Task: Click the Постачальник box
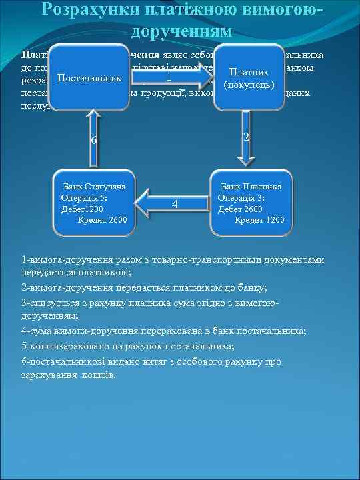click(89, 80)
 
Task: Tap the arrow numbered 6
click(93, 140)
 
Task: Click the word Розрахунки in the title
click(89, 9)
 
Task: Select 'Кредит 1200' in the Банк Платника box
click(259, 219)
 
